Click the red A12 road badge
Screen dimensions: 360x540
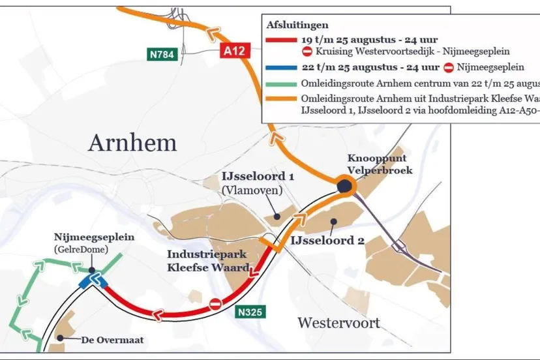pos(235,50)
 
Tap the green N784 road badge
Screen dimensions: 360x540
pos(161,54)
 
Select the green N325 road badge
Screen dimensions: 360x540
pos(250,312)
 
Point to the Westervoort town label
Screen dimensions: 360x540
pos(338,323)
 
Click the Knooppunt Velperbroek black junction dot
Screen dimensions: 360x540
pos(344,187)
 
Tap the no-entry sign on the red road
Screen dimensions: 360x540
pos(216,304)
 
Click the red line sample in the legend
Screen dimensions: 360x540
pos(281,40)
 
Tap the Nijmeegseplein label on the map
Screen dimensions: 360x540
pos(93,237)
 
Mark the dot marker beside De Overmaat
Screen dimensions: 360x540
pos(60,338)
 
